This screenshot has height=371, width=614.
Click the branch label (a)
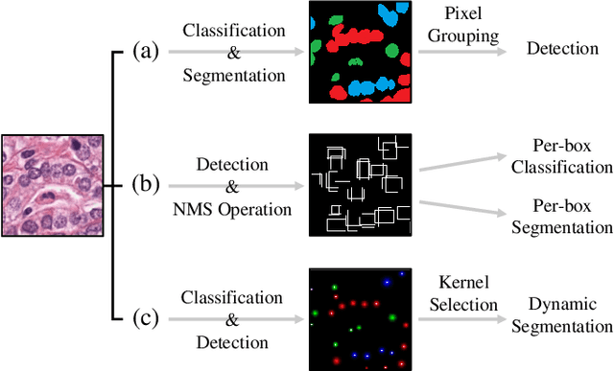click(x=145, y=51)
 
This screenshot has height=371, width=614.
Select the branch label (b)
click(x=145, y=182)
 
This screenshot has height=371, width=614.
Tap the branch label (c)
click(x=145, y=316)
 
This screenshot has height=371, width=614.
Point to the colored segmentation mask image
click(x=360, y=52)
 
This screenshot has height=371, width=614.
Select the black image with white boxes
click(x=360, y=184)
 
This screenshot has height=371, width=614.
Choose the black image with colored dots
click(x=360, y=318)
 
